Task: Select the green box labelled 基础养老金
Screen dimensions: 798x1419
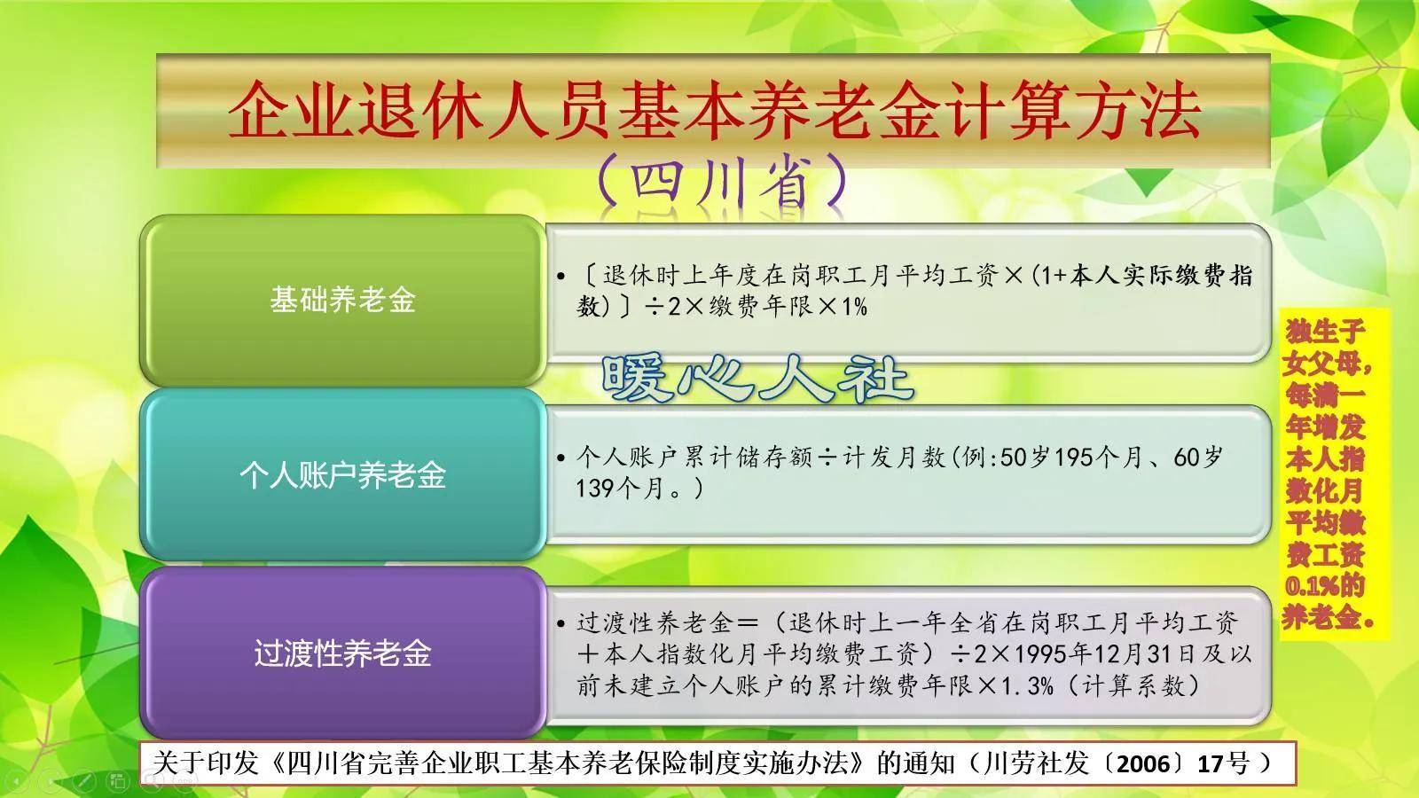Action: (x=342, y=300)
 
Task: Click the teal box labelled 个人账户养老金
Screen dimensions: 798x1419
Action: (x=342, y=475)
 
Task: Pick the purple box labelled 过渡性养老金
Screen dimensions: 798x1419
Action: (x=342, y=653)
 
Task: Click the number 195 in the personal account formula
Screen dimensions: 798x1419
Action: (x=1074, y=458)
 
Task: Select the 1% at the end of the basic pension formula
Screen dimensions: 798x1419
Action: (x=852, y=307)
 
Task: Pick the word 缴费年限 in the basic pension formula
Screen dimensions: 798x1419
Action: (x=750, y=307)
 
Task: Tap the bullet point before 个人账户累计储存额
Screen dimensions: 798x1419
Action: (x=561, y=458)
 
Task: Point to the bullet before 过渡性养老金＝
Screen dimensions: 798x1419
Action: (x=561, y=623)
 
